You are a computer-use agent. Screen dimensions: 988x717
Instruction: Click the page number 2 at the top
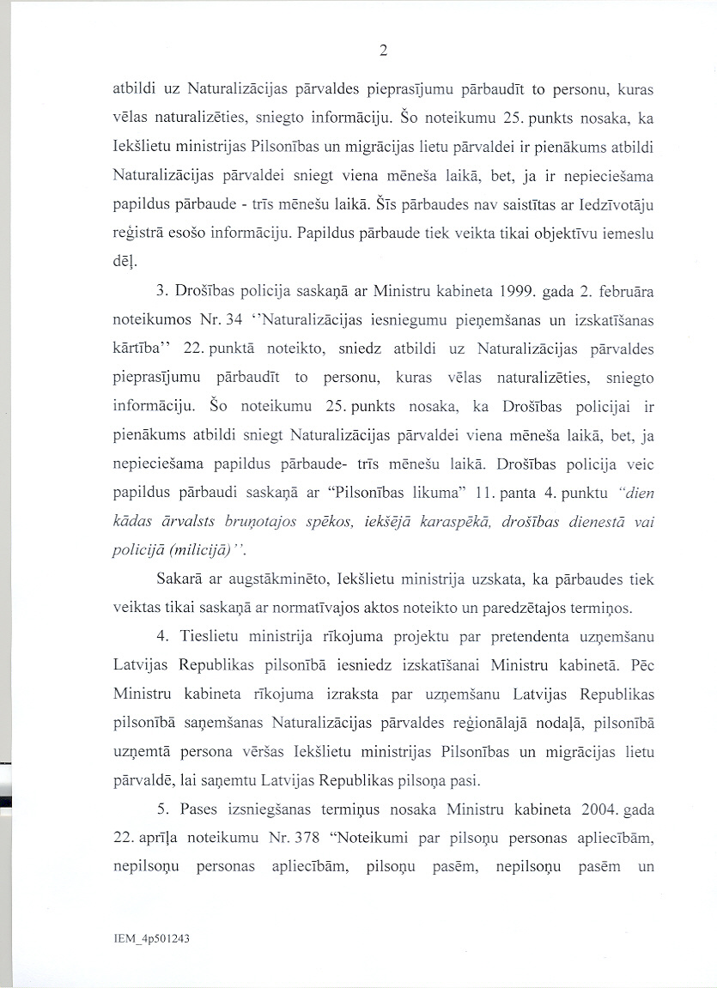click(383, 50)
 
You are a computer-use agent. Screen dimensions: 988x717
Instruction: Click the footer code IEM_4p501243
click(151, 939)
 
